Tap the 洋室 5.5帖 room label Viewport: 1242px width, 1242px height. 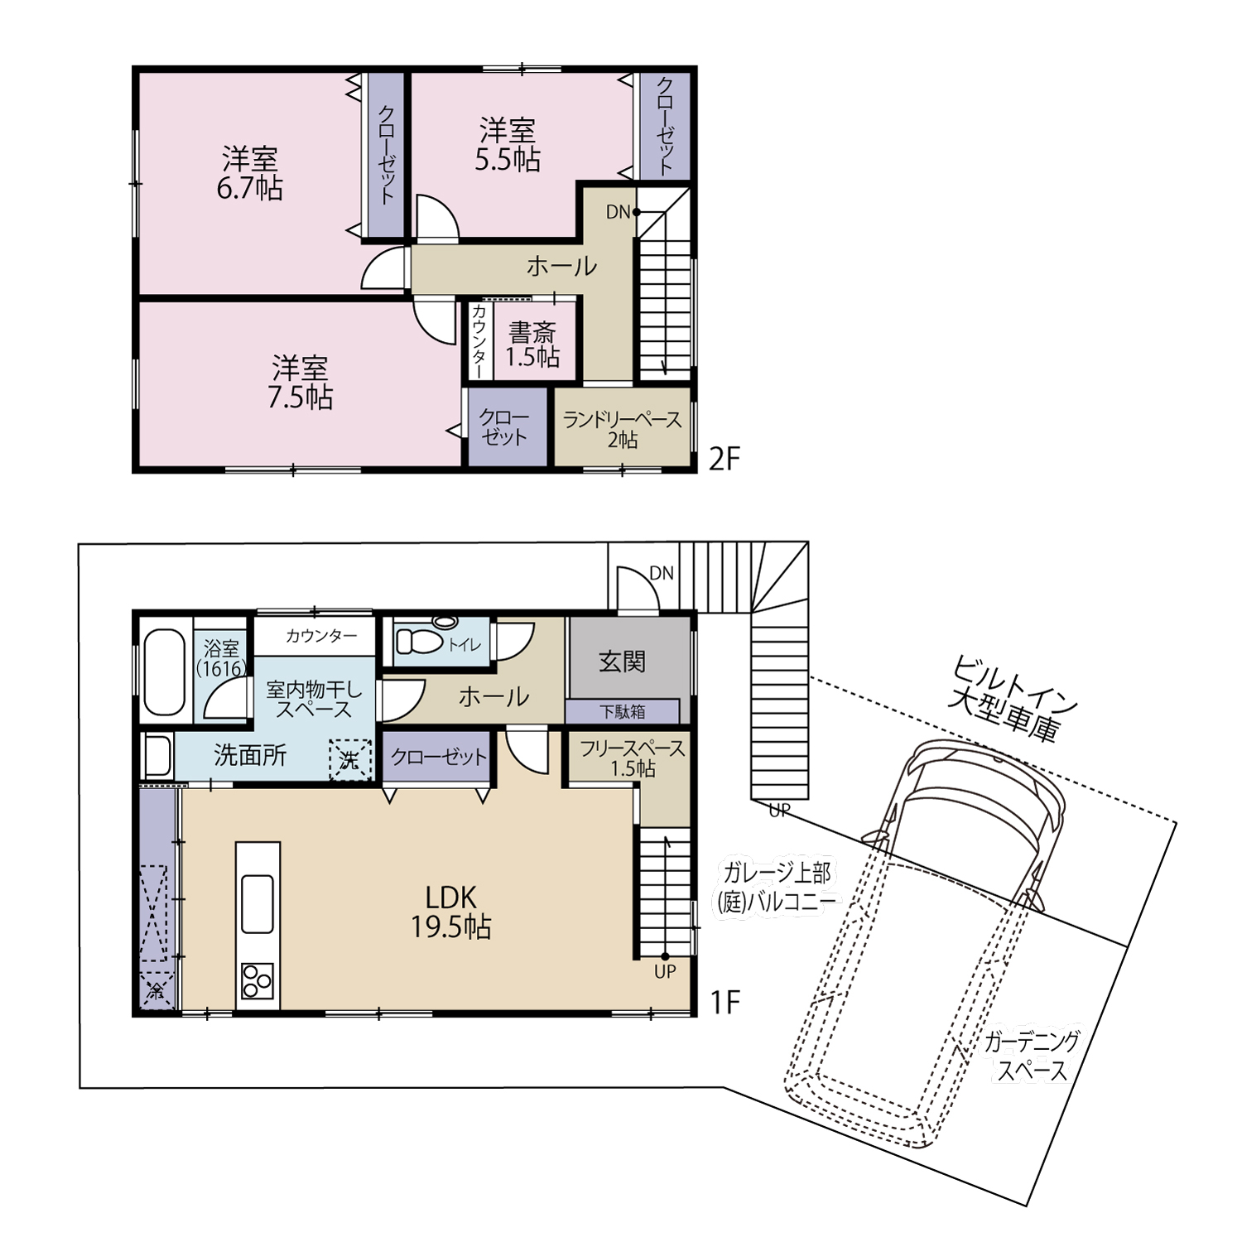coord(508,145)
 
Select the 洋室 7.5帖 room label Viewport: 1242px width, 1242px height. coord(300,383)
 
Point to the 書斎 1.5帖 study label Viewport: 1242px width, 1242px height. coord(532,344)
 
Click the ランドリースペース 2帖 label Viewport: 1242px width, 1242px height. coord(622,430)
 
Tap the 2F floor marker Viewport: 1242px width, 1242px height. coord(724,459)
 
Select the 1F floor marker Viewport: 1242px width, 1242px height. coord(724,1003)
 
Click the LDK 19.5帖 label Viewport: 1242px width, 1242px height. coord(451,912)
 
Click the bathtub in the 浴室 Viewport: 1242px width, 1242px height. coord(164,672)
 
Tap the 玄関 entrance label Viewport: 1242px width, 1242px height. coord(622,662)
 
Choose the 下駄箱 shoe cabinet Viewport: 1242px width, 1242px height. coord(623,711)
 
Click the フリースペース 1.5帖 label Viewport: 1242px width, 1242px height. coord(633,758)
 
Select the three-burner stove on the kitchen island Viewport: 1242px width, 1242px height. coord(258,981)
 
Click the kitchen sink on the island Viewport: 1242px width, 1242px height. coord(258,903)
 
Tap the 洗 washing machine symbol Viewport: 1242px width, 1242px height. coord(350,759)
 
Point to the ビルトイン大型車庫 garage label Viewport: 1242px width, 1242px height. coord(1009,699)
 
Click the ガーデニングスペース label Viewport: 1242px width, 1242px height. coord(1032,1056)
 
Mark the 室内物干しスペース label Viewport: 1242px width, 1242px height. coord(314,700)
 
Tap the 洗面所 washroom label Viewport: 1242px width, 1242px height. coord(250,755)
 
